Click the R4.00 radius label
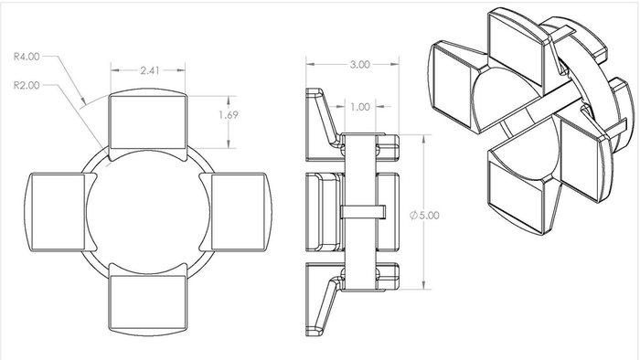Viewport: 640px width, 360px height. pos(27,57)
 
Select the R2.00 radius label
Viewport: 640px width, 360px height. pos(27,85)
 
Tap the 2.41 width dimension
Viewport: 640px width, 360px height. pos(150,70)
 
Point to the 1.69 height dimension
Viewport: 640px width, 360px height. pos(229,115)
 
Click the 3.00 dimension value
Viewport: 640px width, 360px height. pos(359,65)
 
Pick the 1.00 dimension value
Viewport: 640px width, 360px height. pos(360,107)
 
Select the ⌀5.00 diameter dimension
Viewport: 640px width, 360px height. pos(424,215)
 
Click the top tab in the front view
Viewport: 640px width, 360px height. pos(148,121)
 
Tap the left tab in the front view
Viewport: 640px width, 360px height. pos(60,211)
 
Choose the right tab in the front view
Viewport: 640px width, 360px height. pos(236,211)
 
